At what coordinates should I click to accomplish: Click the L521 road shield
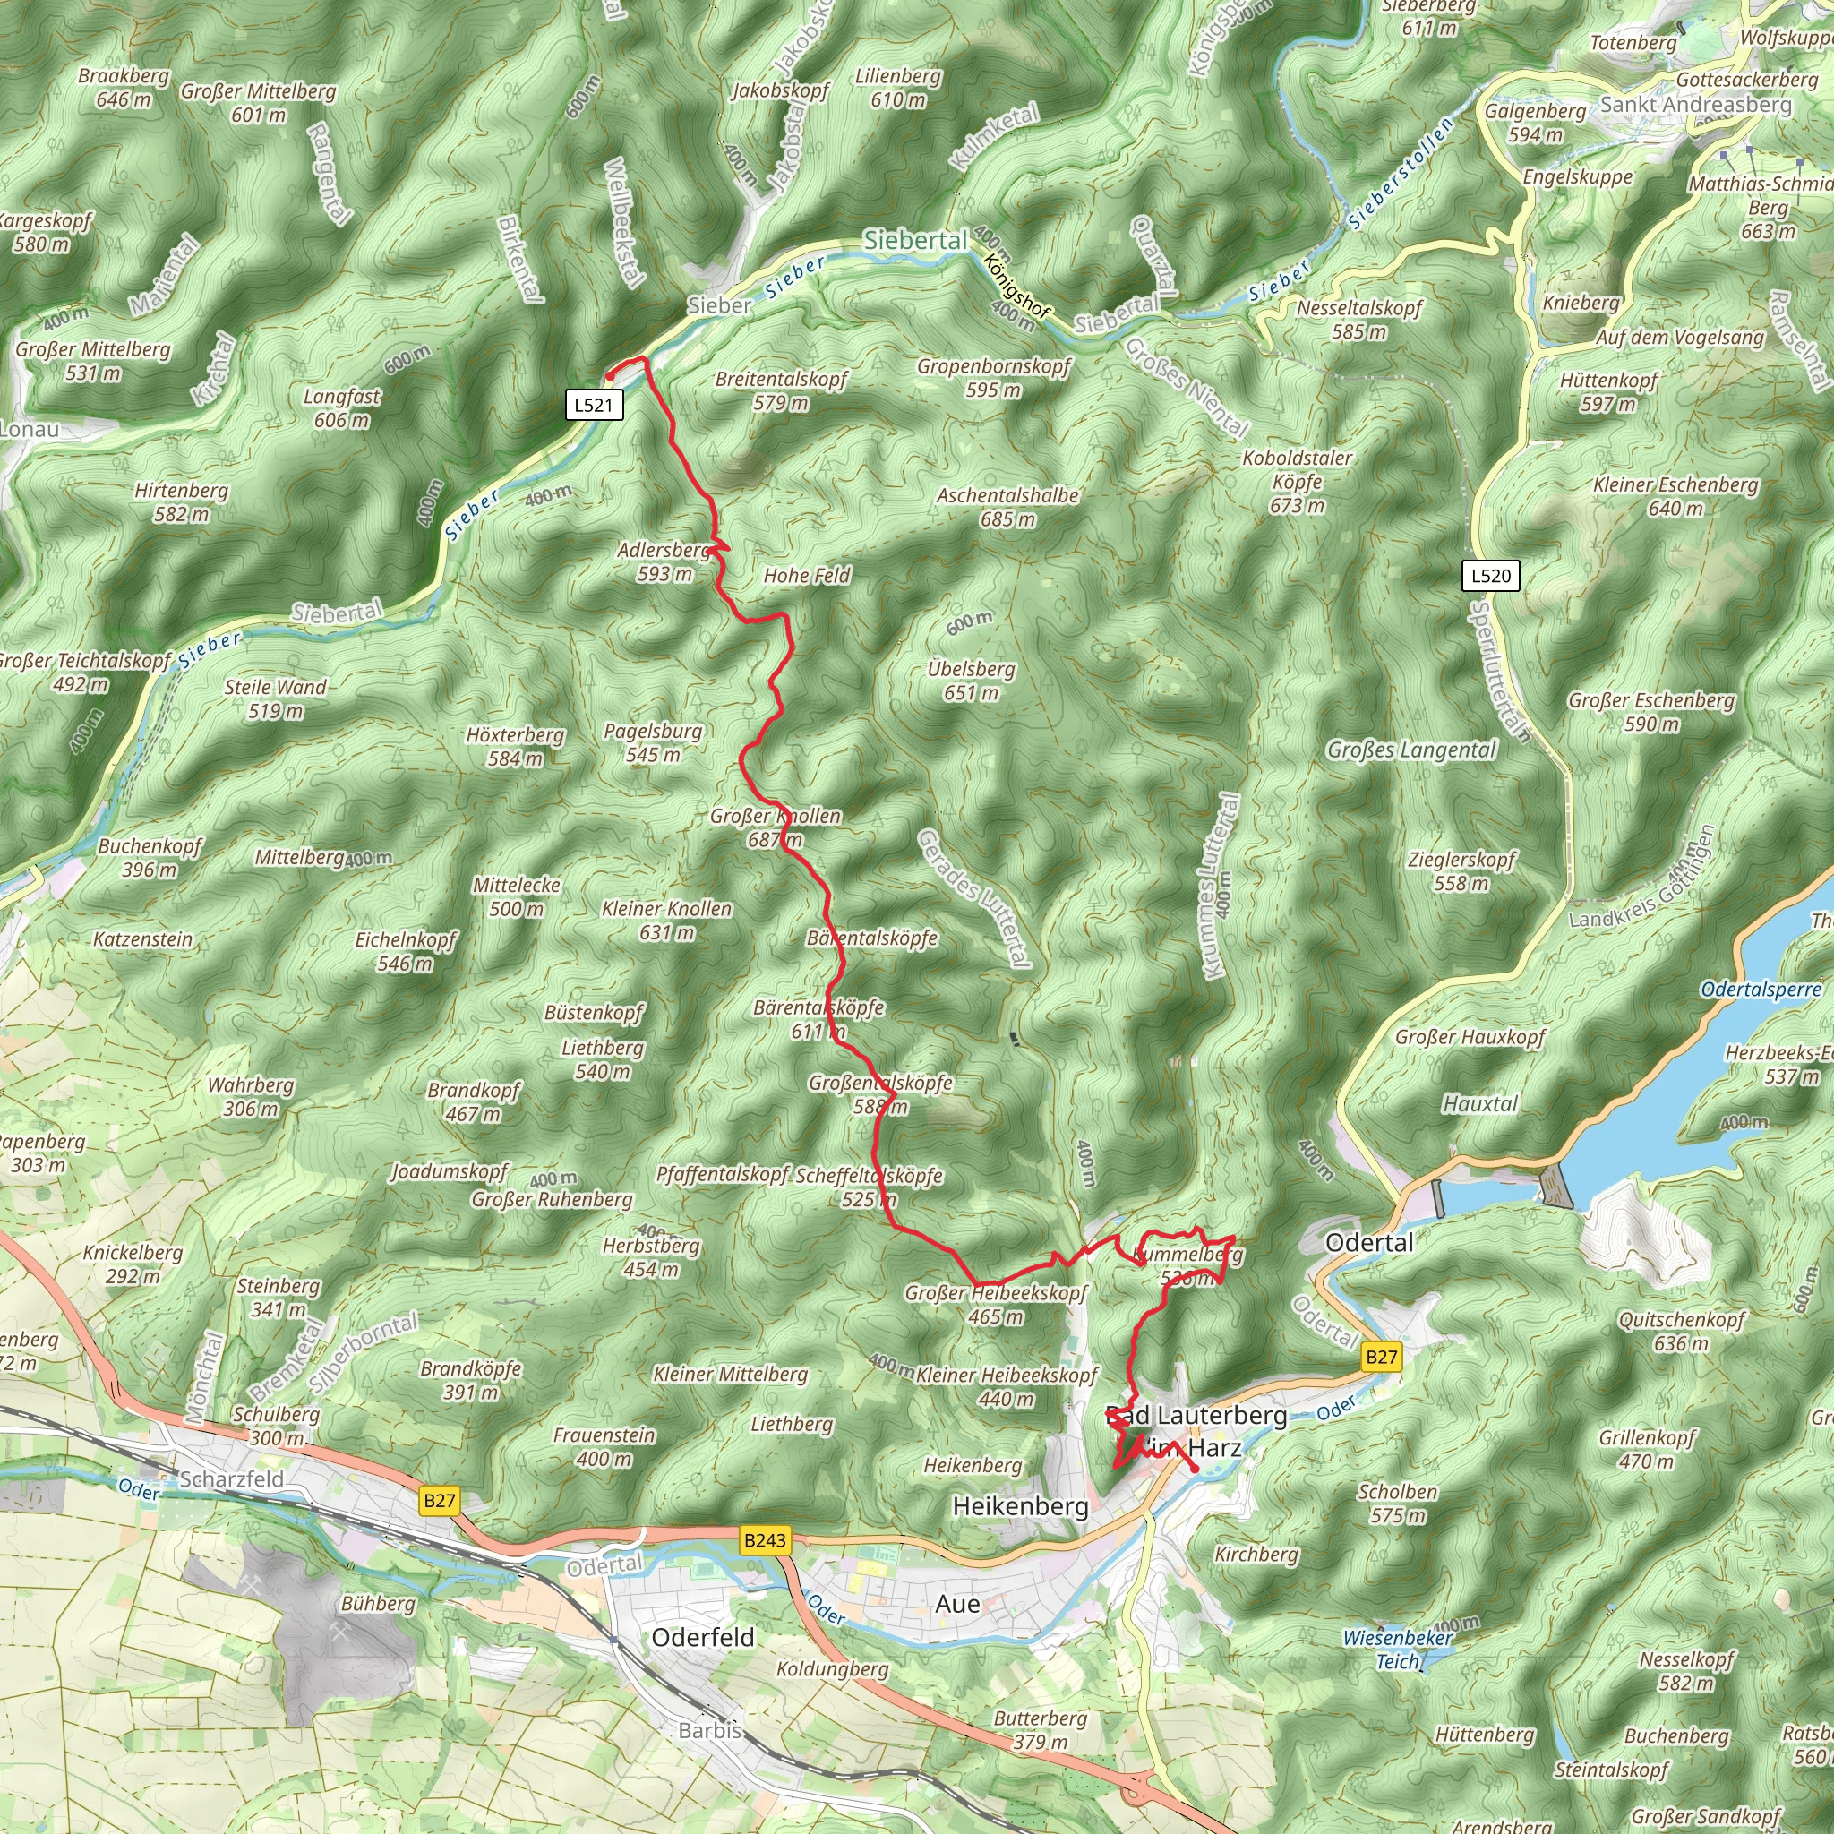tap(595, 406)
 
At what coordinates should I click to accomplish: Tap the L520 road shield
tap(1491, 575)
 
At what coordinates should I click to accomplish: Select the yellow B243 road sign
tap(765, 1539)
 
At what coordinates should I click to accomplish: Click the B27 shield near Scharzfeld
tap(440, 1501)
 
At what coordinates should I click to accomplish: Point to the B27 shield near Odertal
tap(1381, 1357)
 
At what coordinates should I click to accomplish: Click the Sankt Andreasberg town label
tap(1695, 105)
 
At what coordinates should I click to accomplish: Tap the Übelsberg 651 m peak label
tap(971, 681)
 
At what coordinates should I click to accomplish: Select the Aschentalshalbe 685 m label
tap(1007, 507)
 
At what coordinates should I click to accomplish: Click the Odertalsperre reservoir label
tap(1761, 990)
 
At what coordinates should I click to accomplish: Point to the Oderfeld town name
tap(702, 1638)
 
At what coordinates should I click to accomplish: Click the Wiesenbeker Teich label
tap(1397, 1649)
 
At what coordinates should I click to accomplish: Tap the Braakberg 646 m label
tap(124, 86)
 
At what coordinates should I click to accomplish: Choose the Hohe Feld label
tap(807, 575)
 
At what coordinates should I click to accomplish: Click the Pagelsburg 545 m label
tap(653, 742)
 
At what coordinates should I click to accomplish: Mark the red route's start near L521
tap(610, 377)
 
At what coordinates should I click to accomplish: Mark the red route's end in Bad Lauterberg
tap(1196, 1470)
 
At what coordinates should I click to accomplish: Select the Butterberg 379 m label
tap(1041, 1729)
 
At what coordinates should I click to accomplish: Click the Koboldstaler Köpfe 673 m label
tap(1297, 481)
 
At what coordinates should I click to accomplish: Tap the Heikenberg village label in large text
tap(1021, 1506)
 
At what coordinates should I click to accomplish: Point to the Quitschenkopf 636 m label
tap(1681, 1331)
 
